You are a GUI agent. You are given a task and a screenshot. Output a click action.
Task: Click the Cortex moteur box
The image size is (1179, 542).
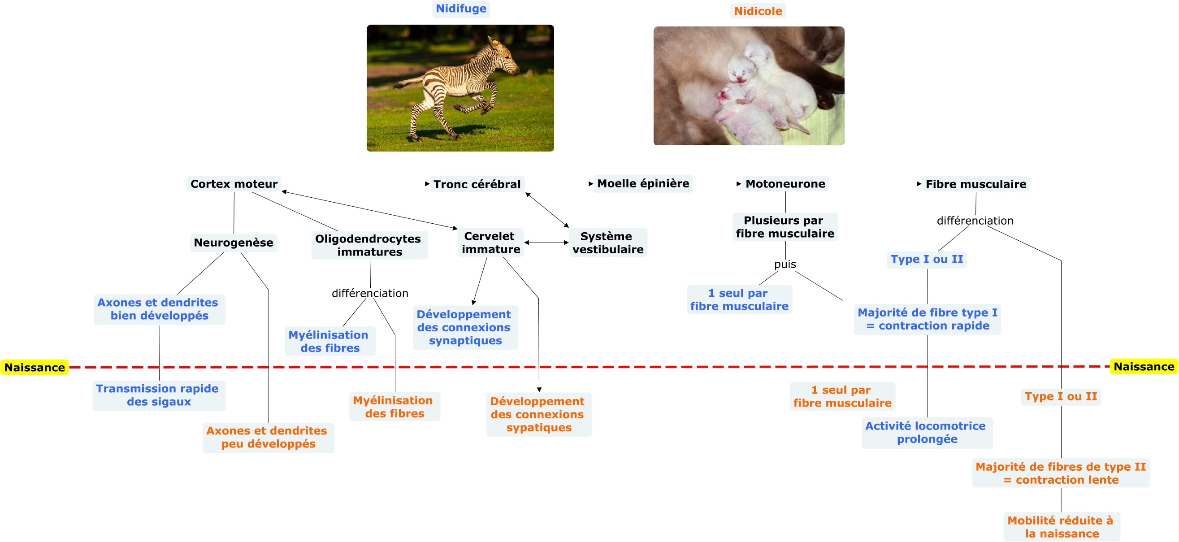pyautogui.click(x=234, y=184)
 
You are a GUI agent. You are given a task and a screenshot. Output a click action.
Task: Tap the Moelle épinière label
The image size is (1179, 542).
pyautogui.click(x=643, y=183)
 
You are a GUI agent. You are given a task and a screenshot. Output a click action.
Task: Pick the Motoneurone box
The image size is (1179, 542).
pyautogui.click(x=785, y=184)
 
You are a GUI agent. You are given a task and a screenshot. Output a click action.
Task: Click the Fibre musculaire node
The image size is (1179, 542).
pyautogui.click(x=976, y=184)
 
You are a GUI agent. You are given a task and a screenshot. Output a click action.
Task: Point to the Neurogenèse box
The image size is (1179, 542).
pyautogui.click(x=234, y=243)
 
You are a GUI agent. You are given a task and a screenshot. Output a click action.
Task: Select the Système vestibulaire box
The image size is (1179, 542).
pyautogui.click(x=608, y=243)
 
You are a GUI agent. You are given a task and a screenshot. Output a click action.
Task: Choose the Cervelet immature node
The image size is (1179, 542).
pyautogui.click(x=490, y=243)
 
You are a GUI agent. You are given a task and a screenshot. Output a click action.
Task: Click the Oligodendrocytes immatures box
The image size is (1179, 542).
pyautogui.click(x=369, y=245)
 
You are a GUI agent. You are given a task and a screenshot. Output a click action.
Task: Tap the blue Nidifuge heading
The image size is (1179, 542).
pyautogui.click(x=461, y=9)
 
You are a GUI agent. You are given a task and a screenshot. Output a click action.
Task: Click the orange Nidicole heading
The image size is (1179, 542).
pyautogui.click(x=758, y=11)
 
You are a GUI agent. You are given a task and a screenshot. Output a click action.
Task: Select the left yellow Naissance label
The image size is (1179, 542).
pyautogui.click(x=35, y=368)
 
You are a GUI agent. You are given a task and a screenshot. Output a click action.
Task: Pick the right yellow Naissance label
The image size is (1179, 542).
pyautogui.click(x=1144, y=367)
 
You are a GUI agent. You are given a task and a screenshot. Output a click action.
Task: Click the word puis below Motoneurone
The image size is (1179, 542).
pyautogui.click(x=785, y=264)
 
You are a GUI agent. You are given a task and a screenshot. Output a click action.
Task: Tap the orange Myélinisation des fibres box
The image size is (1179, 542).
pyautogui.click(x=394, y=407)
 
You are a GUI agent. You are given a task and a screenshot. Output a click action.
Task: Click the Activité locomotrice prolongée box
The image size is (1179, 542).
pyautogui.click(x=927, y=433)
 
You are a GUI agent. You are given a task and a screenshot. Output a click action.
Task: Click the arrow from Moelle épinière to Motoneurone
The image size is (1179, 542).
pyautogui.click(x=717, y=184)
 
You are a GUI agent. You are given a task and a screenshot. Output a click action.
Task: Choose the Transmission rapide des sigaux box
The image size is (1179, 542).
pyautogui.click(x=158, y=395)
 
